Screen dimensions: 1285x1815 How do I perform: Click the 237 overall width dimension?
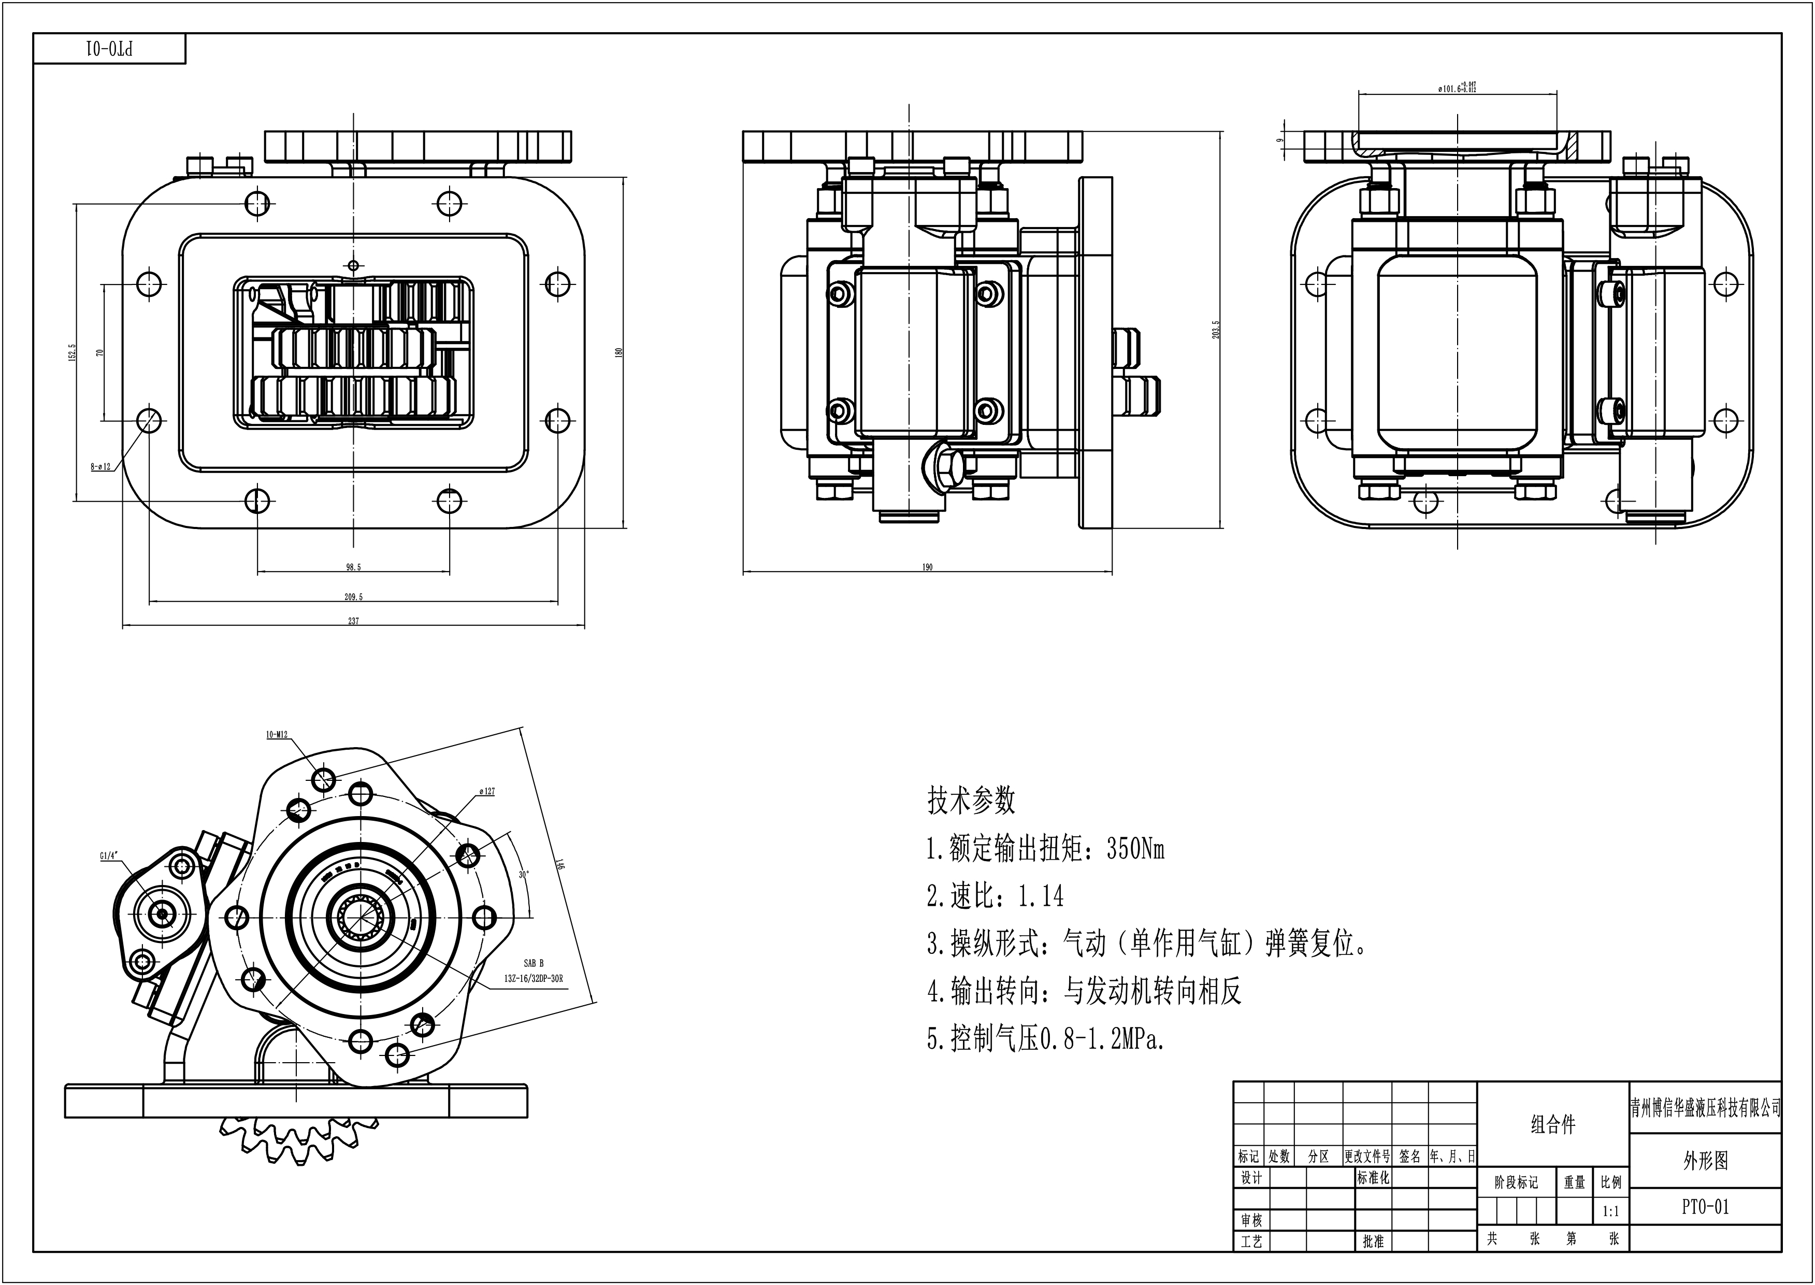point(353,621)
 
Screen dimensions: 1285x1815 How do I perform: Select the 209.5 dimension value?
point(353,596)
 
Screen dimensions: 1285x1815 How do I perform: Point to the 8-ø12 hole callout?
point(100,467)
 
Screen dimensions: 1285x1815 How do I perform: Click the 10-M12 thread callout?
point(277,735)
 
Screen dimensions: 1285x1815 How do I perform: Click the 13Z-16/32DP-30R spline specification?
point(534,979)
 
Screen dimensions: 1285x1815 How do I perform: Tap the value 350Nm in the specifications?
point(1135,849)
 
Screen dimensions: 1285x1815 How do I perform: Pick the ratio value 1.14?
point(1040,896)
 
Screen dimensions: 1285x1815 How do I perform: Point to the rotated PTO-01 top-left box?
point(109,49)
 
